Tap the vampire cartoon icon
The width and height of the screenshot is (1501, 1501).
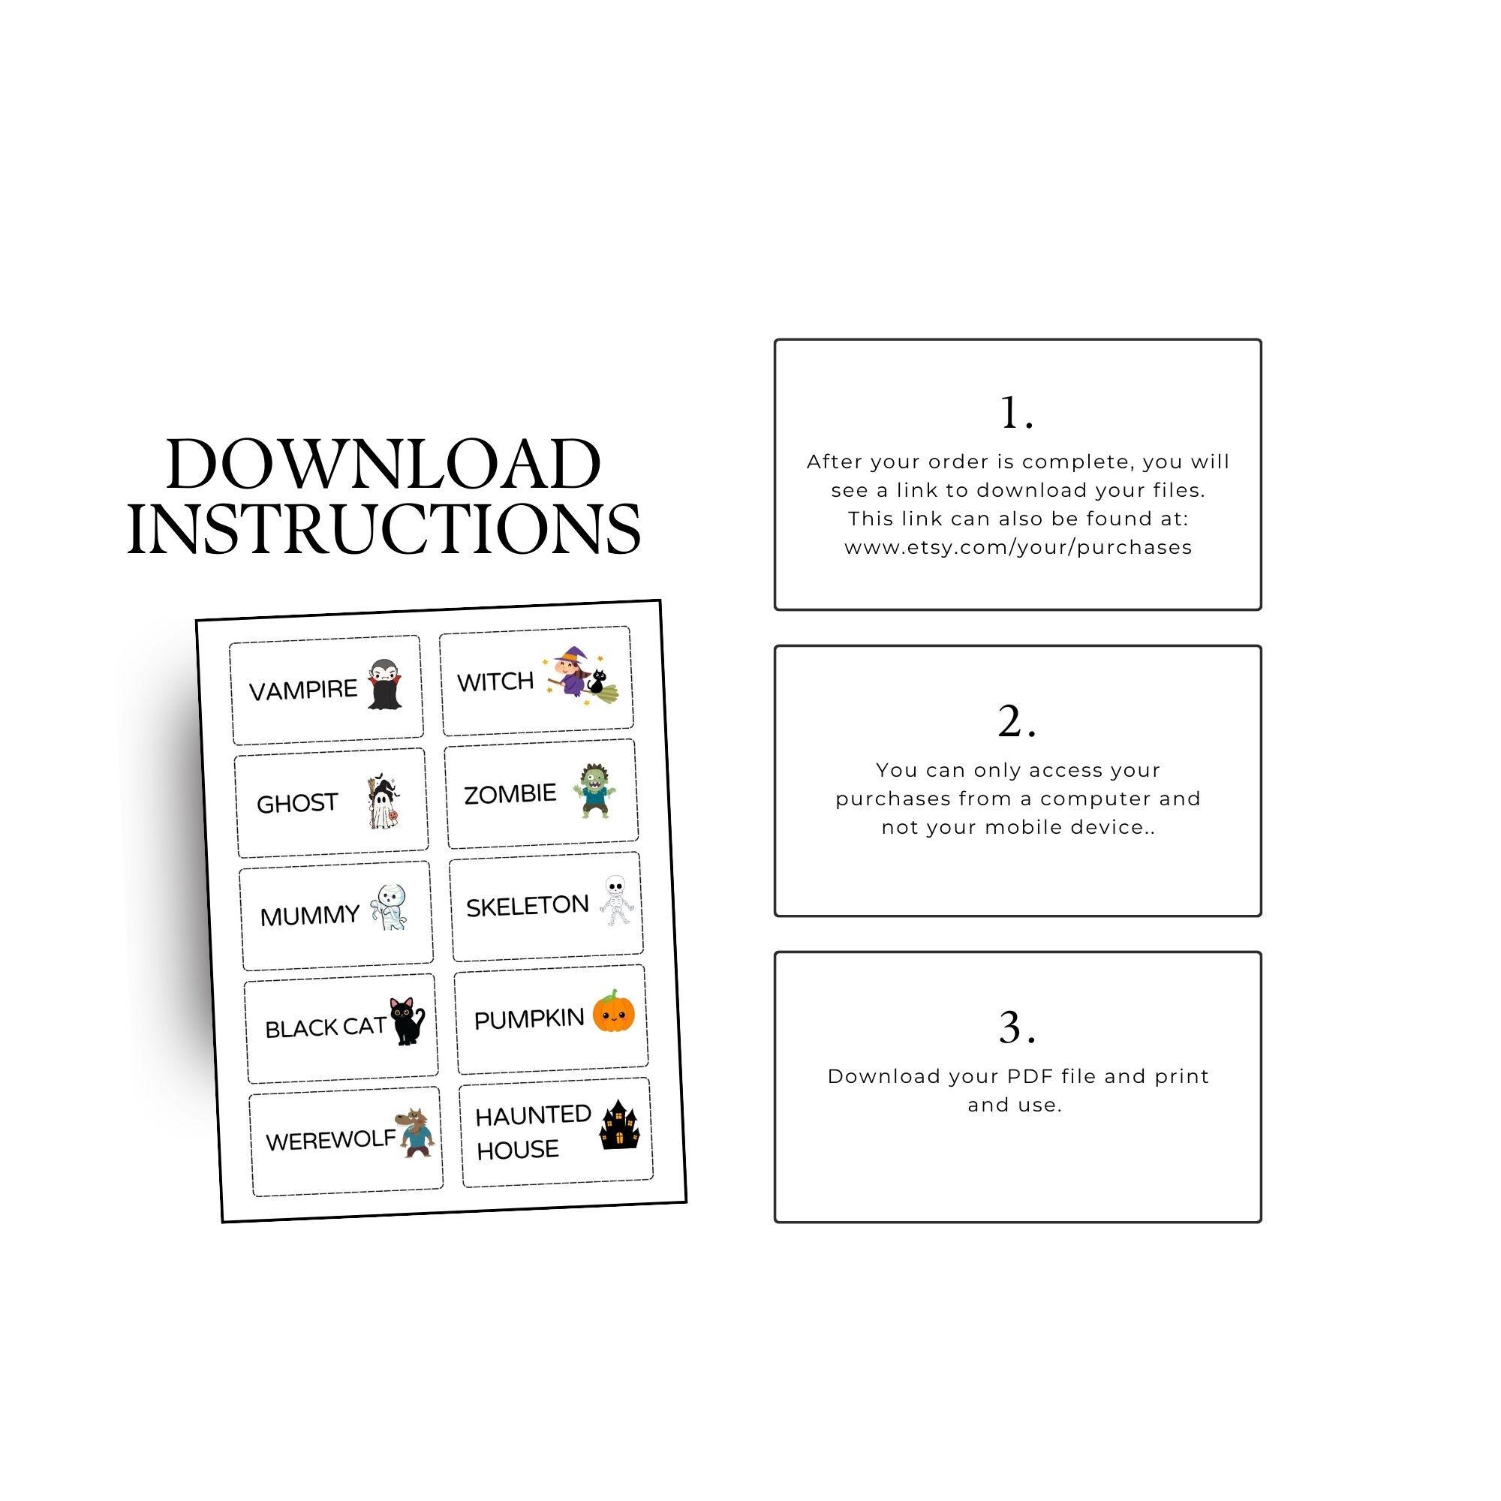point(383,684)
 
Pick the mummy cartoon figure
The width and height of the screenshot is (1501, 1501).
point(389,907)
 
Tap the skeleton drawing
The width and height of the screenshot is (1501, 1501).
point(615,901)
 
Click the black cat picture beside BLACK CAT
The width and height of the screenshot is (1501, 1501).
point(406,1021)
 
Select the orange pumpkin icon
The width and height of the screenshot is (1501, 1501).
point(614,1012)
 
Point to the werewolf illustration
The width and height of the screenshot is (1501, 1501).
point(414,1133)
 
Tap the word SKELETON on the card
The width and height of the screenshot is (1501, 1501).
point(527,906)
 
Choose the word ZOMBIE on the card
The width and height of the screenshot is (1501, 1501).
point(510,794)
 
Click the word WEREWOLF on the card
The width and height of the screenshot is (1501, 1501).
point(330,1141)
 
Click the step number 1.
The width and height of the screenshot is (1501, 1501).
point(1016,414)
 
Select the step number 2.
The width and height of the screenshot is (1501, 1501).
point(1016,722)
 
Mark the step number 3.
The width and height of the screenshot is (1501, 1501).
point(1016,1029)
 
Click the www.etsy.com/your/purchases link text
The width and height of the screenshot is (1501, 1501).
point(1018,548)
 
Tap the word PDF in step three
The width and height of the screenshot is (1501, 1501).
point(1031,1077)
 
